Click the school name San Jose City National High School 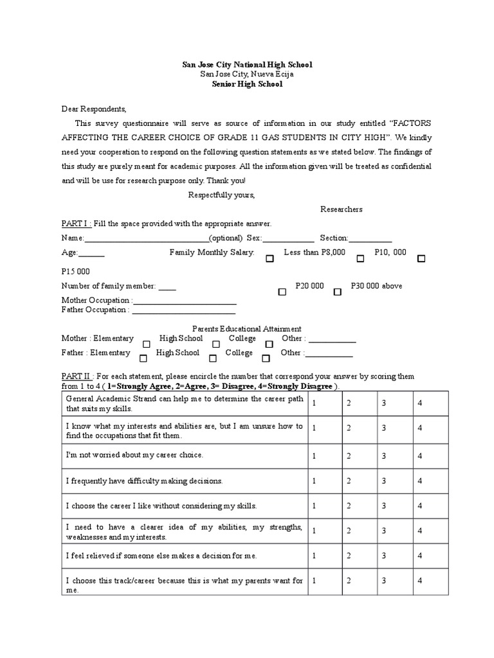pos(247,65)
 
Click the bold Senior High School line pos(247,84)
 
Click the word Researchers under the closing pos(341,209)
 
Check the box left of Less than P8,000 pos(270,258)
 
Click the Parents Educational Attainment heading pos(247,328)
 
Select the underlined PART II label pos(78,376)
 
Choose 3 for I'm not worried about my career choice pos(383,456)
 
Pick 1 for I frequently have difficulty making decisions pos(314,481)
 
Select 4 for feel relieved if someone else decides pos(419,556)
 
